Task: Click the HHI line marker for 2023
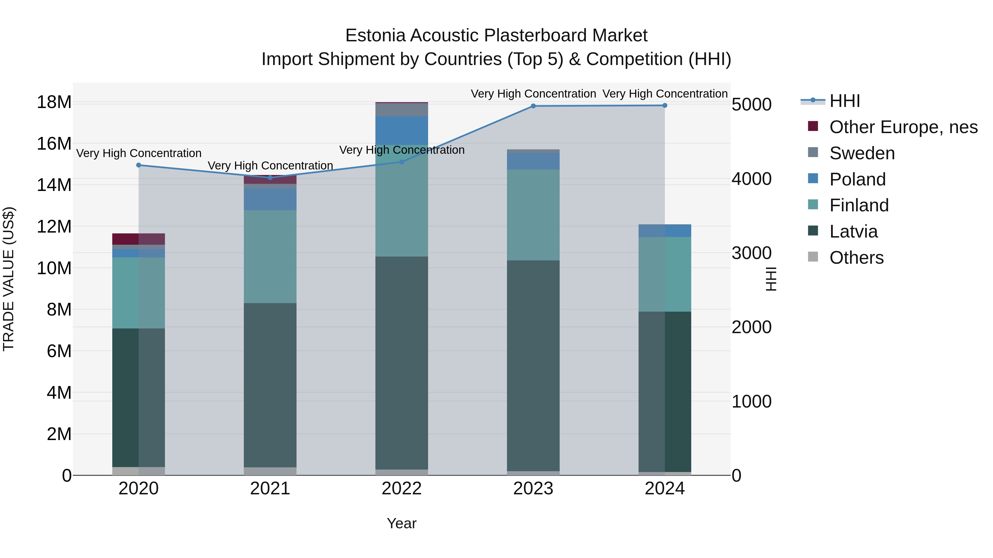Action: [533, 106]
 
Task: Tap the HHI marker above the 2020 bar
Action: [139, 165]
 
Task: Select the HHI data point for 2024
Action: [664, 106]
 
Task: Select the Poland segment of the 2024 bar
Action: [664, 231]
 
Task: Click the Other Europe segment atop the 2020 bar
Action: [138, 239]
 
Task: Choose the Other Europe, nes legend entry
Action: [903, 127]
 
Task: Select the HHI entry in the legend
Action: [844, 101]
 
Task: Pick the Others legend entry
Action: [856, 258]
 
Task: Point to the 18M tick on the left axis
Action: [54, 103]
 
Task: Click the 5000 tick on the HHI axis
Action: [751, 105]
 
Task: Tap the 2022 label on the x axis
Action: [401, 489]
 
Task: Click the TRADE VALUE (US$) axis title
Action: [9, 279]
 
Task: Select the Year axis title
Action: [401, 523]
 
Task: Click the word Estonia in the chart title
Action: [375, 36]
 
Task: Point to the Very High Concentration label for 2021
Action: [270, 166]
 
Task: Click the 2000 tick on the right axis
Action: [751, 327]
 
